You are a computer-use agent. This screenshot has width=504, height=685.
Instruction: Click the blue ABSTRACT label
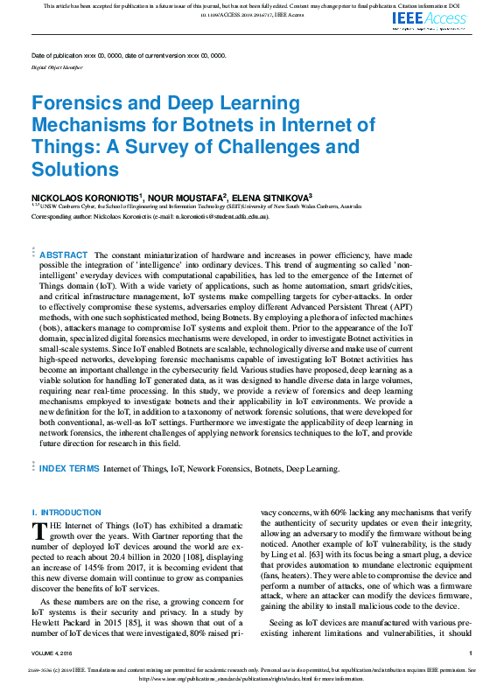click(x=64, y=255)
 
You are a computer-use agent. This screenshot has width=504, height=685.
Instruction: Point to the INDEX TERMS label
click(x=69, y=469)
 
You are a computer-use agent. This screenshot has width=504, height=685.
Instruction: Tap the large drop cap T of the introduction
click(x=38, y=531)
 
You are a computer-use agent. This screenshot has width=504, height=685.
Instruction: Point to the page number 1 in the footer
click(x=470, y=653)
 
